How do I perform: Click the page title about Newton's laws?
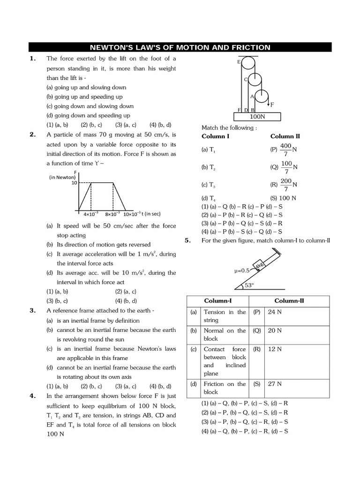click(x=180, y=47)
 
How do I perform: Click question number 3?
click(x=32, y=310)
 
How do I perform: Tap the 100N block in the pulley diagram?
click(x=257, y=116)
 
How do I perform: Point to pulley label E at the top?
click(x=239, y=62)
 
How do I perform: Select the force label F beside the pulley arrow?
click(x=272, y=104)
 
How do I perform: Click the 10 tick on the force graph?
click(x=74, y=183)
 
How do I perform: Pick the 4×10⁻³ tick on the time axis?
click(x=90, y=214)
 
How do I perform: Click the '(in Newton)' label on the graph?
click(x=63, y=177)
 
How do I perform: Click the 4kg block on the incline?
click(x=260, y=266)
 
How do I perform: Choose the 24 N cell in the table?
click(x=274, y=312)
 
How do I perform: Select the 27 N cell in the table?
click(x=274, y=384)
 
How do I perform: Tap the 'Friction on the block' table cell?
click(x=225, y=388)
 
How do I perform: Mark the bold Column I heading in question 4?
click(x=215, y=136)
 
